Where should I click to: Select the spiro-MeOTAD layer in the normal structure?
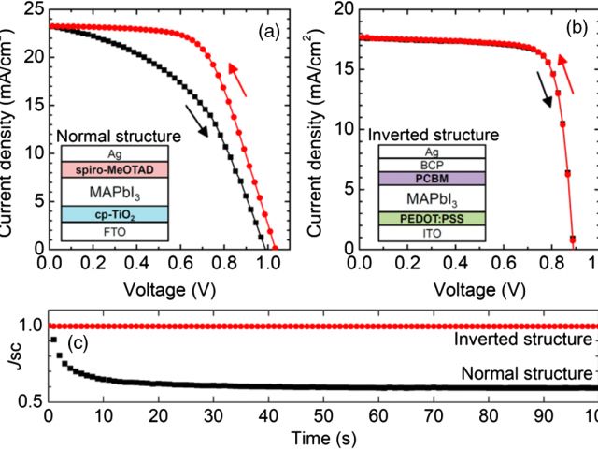pyautogui.click(x=113, y=170)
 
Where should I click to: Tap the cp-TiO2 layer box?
pyautogui.click(x=113, y=214)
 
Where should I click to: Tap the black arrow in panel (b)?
pyautogui.click(x=544, y=91)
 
